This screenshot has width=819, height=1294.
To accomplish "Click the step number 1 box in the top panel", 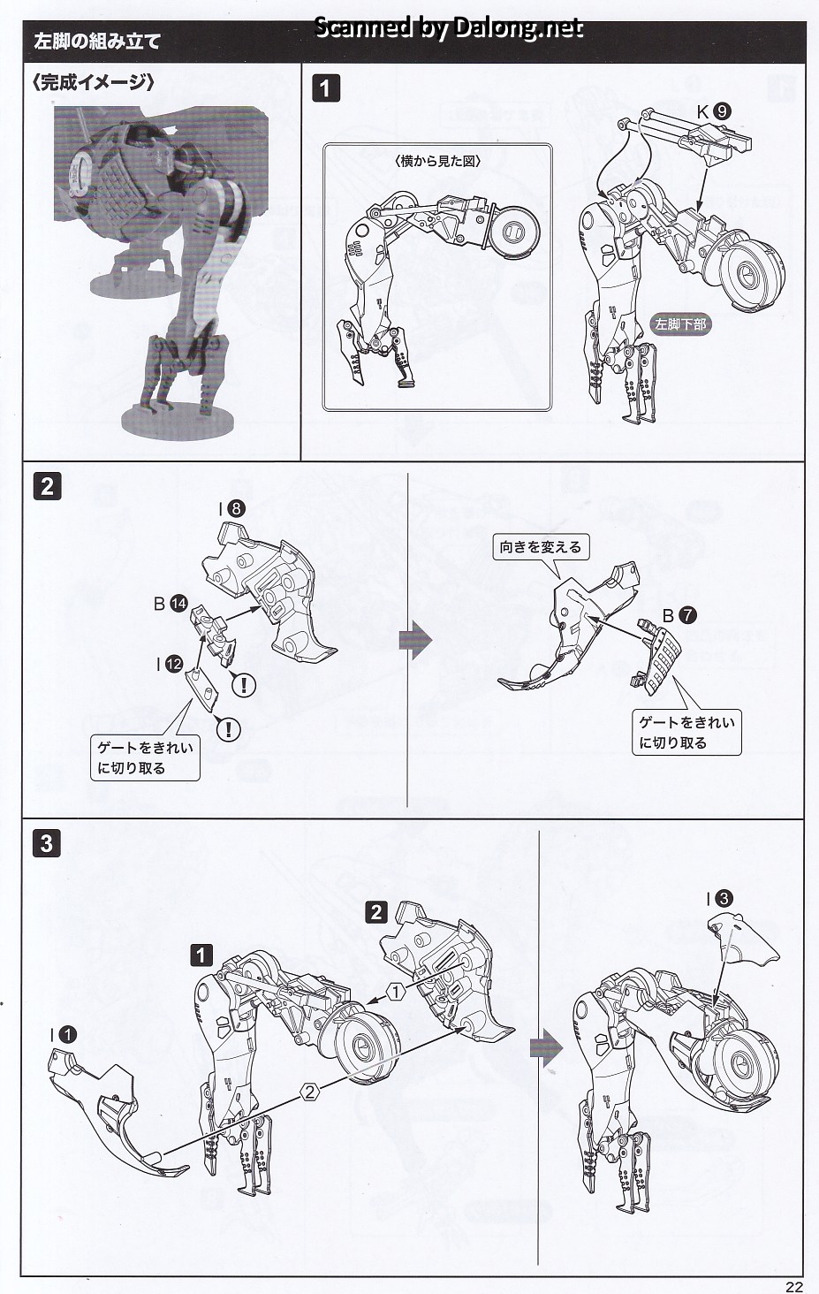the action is pos(326,88).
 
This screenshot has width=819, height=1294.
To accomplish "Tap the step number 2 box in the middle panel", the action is pos(48,486).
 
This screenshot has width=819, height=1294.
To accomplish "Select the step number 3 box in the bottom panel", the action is pos(47,844).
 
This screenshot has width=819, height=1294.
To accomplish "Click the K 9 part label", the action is pos(713,110).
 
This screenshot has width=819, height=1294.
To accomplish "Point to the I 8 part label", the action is pos(231,508).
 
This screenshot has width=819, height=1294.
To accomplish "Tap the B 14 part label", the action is pos(171,604).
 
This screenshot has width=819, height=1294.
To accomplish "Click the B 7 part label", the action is pos(679,615).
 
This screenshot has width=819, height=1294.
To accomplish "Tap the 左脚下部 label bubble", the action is pos(680,324).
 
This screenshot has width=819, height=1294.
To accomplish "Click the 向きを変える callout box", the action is pos(541,547).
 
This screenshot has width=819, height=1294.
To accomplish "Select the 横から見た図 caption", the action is pos(438,161).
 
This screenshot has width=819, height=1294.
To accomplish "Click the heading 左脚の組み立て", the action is pos(96,42).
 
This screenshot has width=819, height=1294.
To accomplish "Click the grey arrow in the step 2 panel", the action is pos(415,640).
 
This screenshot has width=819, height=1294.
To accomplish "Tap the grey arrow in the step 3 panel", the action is pos(546,1047).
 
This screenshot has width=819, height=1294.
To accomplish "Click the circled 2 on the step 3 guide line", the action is pos(310,1092).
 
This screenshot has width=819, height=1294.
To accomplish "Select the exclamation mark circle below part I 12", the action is pos(229,728).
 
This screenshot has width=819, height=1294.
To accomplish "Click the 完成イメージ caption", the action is pos(93,82).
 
